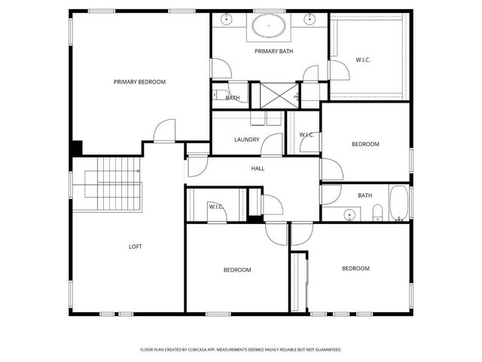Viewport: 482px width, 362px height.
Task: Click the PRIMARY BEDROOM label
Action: point(139,81)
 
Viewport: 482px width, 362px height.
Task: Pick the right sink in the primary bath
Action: point(309,18)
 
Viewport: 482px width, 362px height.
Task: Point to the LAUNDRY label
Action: point(246,140)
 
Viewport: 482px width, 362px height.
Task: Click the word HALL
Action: point(258,169)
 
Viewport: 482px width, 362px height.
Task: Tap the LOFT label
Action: point(136,247)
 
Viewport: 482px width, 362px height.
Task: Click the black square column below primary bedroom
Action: point(77,148)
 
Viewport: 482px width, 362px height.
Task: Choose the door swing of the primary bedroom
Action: point(163,132)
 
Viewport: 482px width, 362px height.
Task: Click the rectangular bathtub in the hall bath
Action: point(398,205)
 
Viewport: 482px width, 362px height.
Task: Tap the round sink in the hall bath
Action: point(349,216)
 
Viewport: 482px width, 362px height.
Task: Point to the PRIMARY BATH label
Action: point(273,51)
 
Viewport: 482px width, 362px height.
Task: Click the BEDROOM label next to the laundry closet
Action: point(365,144)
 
